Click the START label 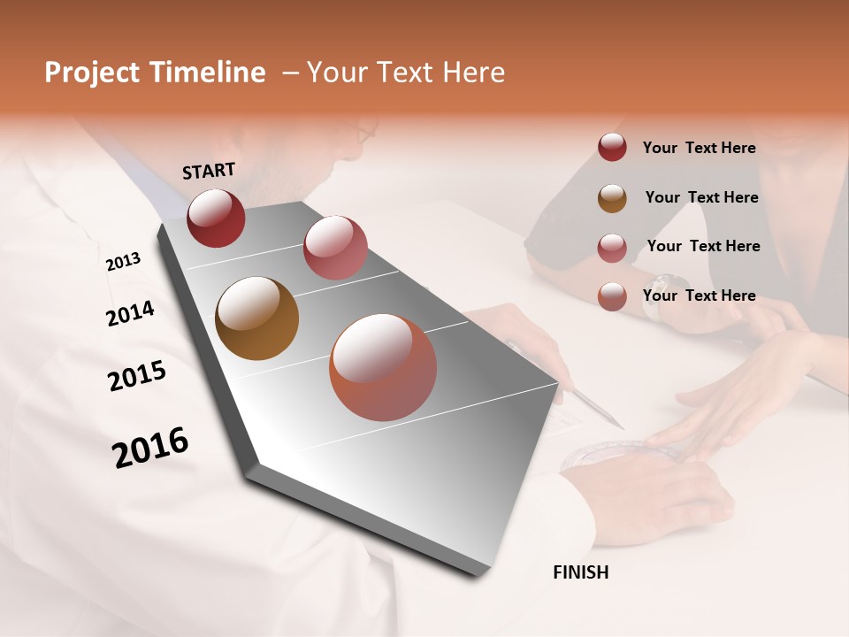click(x=209, y=170)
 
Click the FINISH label click(x=580, y=572)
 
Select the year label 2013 click(x=123, y=262)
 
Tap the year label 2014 click(x=130, y=313)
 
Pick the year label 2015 click(x=137, y=376)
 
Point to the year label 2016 click(x=150, y=447)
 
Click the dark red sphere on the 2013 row click(x=216, y=218)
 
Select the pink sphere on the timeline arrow click(x=335, y=248)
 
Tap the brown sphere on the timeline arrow click(x=256, y=318)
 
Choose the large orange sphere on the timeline click(x=383, y=366)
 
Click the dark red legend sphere click(x=612, y=147)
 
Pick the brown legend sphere click(x=612, y=197)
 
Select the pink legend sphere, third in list click(x=612, y=247)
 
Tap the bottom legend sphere click(x=612, y=296)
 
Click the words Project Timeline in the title click(x=155, y=73)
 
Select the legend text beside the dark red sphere click(x=699, y=148)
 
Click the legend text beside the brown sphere click(x=701, y=197)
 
